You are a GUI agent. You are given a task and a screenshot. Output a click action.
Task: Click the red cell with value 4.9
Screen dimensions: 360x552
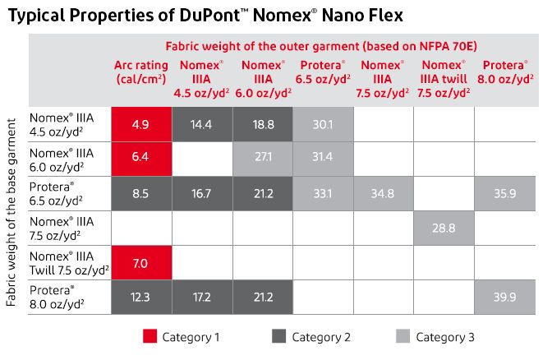coord(141,124)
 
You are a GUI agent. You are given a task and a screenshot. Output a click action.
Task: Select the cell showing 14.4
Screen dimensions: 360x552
coord(202,124)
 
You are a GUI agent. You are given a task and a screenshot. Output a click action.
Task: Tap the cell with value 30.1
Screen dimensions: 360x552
coord(323,124)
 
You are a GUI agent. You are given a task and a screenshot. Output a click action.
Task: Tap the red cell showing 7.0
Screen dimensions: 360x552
coord(141,263)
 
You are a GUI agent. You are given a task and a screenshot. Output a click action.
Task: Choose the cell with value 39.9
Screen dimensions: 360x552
coord(504,297)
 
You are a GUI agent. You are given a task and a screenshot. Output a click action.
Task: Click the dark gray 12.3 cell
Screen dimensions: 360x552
coord(141,297)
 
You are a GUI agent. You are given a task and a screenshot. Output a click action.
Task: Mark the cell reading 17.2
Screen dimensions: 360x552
coord(202,297)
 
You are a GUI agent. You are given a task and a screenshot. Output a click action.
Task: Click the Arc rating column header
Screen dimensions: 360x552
coord(141,72)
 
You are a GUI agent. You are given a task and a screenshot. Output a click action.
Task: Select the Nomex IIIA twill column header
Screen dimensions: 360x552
coord(444,78)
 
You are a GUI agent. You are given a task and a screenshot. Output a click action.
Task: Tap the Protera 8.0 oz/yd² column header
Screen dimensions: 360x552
coord(504,72)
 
